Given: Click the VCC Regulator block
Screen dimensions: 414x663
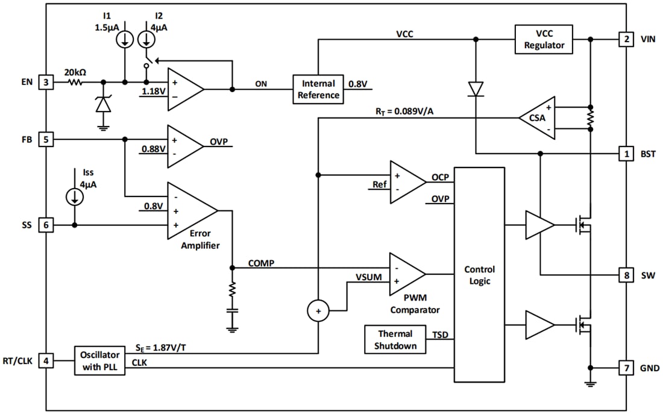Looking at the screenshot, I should coord(544,39).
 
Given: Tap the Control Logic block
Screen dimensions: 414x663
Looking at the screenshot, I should coord(479,275).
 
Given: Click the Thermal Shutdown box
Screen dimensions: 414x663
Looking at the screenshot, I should coord(395,340).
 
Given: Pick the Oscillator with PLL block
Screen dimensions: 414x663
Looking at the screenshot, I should coord(100,360).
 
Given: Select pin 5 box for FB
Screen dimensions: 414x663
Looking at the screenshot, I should coord(46,139).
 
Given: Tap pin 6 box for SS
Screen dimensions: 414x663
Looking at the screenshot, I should coord(46,225).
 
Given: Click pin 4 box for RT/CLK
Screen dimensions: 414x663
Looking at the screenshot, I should coord(46,361).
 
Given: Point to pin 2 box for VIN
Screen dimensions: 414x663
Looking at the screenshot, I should coord(626,40).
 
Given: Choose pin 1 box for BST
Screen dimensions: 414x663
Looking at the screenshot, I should coord(626,154).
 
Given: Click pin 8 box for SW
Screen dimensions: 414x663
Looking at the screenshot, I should coord(626,275).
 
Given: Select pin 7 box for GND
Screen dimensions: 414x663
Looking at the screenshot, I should coord(626,368).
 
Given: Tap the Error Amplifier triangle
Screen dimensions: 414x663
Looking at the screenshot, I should coord(189,210).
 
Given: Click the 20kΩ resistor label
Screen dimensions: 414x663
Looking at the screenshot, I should coord(75,72).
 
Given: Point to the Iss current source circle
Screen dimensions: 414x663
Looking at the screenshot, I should coord(75,196).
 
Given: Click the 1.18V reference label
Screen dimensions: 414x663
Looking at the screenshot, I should coord(152,92).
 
